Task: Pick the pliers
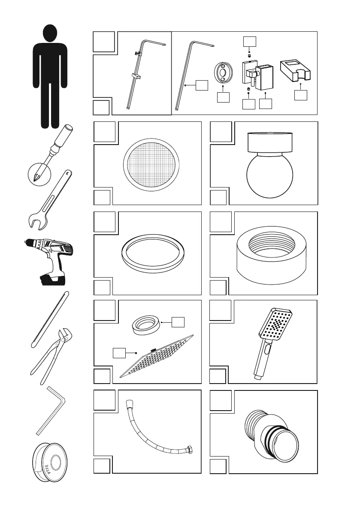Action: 53,357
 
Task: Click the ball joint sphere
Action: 269,176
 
